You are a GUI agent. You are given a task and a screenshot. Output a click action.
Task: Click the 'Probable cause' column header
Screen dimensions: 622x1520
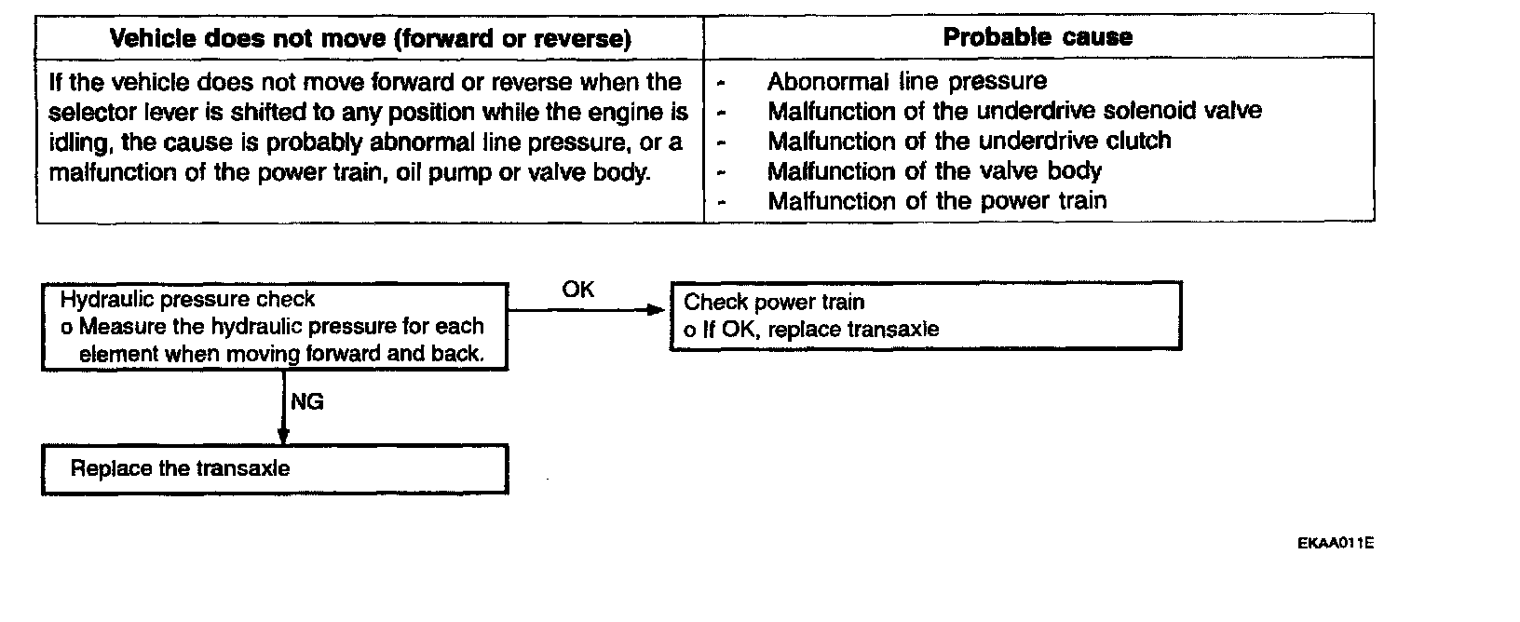coord(1038,37)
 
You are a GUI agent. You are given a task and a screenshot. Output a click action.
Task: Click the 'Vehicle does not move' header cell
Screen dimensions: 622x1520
coord(370,38)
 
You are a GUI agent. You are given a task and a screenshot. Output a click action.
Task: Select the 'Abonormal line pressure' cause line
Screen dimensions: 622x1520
coord(906,81)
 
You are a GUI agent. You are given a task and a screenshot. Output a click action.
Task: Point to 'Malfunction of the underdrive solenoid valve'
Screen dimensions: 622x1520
coord(1014,111)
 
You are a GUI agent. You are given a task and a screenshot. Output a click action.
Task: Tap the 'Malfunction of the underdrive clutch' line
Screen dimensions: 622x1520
coord(969,141)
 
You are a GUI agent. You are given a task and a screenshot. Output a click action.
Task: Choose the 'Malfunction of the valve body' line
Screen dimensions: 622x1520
coord(934,171)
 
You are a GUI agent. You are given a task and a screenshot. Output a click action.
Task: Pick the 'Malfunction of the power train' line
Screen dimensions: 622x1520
coord(937,201)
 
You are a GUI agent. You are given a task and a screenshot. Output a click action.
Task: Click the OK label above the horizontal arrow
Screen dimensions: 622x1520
coord(577,290)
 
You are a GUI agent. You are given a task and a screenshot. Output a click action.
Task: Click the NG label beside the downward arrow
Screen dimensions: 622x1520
coord(307,402)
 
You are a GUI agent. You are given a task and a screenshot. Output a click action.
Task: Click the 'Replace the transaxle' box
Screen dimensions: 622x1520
coord(275,468)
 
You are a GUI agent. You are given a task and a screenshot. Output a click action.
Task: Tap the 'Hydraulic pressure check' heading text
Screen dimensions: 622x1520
coord(187,300)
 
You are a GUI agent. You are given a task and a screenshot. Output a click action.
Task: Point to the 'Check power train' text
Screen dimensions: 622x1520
coord(774,302)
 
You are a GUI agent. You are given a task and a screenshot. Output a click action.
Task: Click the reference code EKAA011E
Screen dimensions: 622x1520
coord(1335,543)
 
